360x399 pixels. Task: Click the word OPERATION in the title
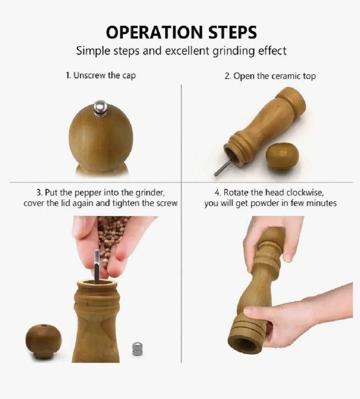pyautogui.click(x=154, y=32)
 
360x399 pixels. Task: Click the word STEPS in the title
pyautogui.click(x=233, y=32)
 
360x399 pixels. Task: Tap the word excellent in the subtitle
pyautogui.click(x=188, y=51)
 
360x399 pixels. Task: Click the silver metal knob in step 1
pyautogui.click(x=100, y=108)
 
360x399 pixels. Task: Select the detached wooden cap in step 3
pyautogui.click(x=43, y=341)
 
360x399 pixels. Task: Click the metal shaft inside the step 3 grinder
pyautogui.click(x=97, y=267)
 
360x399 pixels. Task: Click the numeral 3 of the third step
pyautogui.click(x=38, y=192)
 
